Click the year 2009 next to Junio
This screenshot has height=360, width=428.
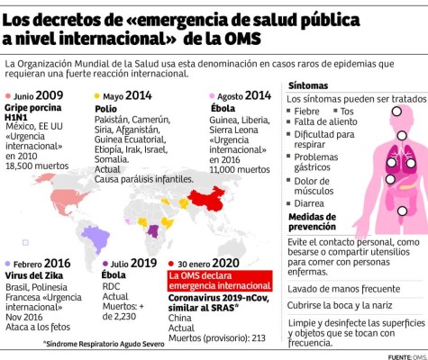(50, 94)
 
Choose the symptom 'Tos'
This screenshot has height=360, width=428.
(347, 110)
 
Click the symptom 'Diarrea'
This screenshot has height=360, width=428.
(312, 202)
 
